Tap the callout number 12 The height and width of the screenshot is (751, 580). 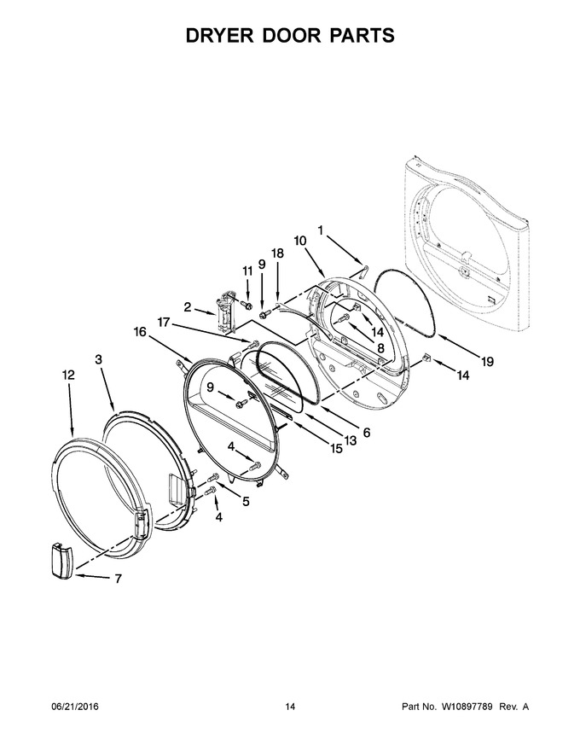(68, 375)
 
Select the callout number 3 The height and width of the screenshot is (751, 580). (99, 359)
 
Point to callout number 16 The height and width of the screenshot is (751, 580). (140, 332)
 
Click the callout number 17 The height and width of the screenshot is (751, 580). (164, 323)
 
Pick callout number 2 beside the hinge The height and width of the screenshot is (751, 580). (187, 307)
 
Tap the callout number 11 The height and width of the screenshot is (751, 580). (247, 271)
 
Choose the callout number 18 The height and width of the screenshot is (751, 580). (277, 253)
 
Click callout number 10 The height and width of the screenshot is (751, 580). (300, 241)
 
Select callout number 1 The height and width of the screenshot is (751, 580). (320, 230)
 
